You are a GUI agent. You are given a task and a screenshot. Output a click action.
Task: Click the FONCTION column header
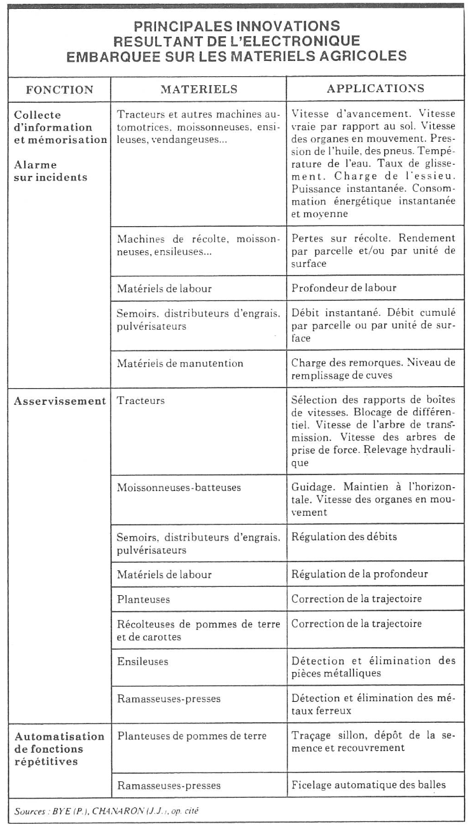58,89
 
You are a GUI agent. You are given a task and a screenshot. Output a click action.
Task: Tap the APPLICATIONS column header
375,89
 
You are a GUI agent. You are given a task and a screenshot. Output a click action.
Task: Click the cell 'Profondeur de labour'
344,288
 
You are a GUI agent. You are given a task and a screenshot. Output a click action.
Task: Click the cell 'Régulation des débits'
344,537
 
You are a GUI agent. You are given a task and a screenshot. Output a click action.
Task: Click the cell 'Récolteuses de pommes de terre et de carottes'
198,629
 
